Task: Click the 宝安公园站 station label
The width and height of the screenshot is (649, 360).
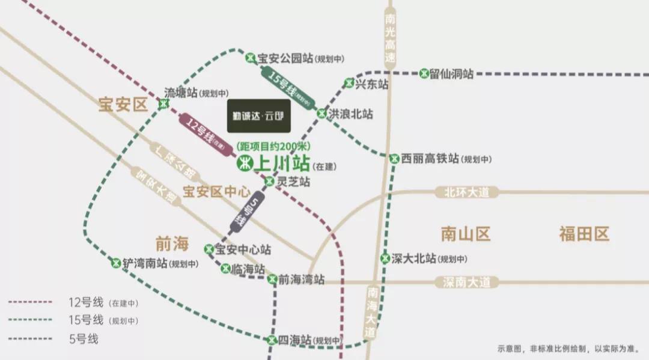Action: [285, 58]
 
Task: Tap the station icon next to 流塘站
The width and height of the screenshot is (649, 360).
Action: [163, 104]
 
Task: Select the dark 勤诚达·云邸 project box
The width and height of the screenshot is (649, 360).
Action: [258, 115]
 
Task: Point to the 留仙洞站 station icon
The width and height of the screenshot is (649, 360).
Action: [424, 73]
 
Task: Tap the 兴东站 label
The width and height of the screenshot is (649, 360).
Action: [371, 84]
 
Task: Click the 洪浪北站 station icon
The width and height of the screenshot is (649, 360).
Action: [322, 113]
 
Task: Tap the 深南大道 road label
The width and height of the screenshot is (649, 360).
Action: [467, 281]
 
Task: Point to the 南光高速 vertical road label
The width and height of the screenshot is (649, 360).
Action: [391, 39]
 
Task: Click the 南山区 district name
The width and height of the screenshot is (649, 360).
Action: [466, 234]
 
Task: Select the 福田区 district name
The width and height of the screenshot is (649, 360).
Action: [584, 234]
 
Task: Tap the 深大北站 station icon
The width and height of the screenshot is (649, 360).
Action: [385, 259]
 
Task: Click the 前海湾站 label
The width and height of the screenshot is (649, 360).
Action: [302, 279]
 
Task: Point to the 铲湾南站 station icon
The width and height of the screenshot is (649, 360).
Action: [116, 263]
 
